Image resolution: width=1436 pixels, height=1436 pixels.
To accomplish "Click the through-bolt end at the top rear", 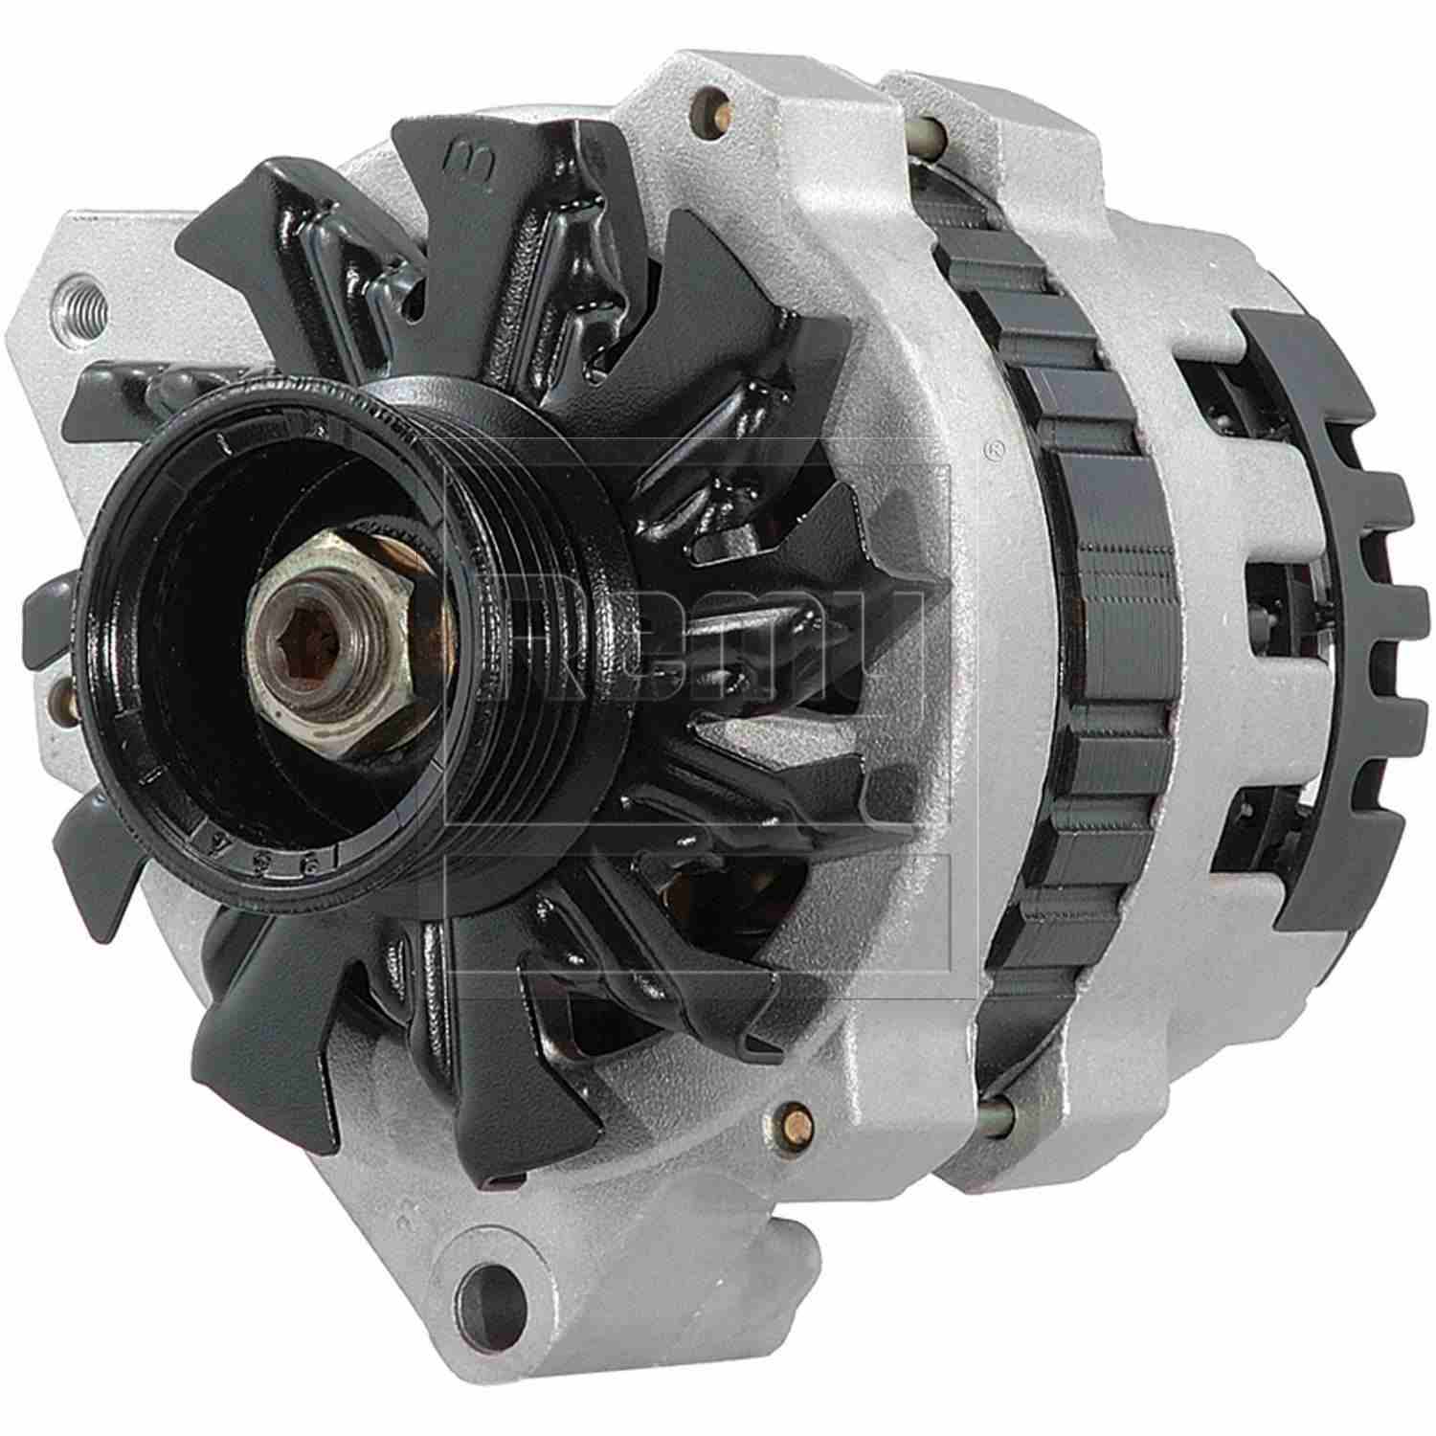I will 929,129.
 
